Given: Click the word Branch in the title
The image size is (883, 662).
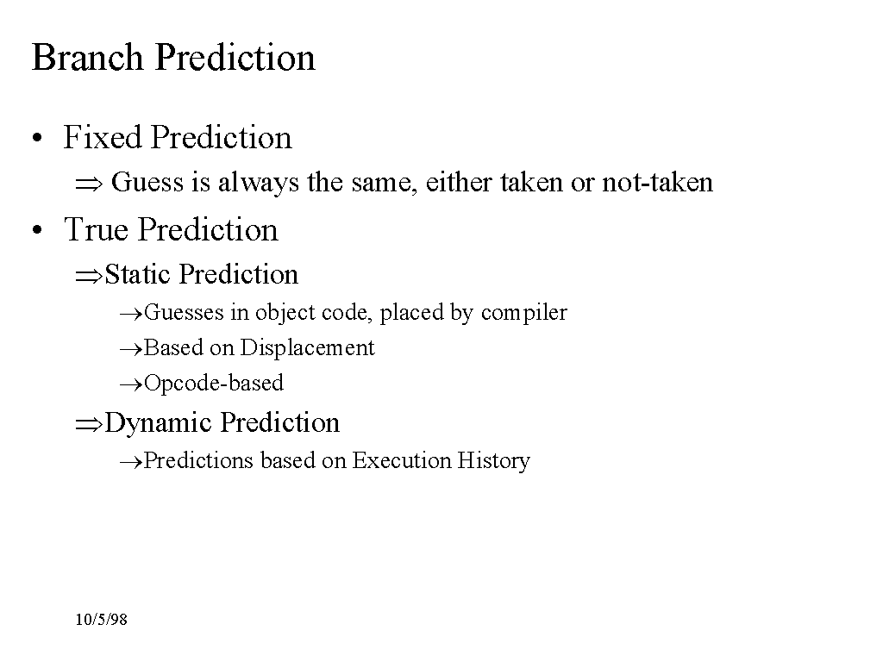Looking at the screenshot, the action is click(88, 57).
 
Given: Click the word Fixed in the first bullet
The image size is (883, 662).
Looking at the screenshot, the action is click(102, 137).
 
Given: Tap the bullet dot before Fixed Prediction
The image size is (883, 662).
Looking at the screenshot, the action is click(37, 138).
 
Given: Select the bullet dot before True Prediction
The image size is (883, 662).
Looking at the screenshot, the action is click(37, 229).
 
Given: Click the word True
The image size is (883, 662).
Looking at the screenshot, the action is click(97, 229).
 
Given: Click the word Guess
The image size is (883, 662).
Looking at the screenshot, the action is click(147, 182).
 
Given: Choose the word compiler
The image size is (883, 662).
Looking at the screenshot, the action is click(523, 313).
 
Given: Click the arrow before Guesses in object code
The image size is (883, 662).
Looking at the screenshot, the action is click(132, 315).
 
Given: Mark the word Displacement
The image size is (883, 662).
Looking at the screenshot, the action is click(307, 348).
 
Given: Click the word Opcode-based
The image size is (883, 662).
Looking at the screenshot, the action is click(214, 384).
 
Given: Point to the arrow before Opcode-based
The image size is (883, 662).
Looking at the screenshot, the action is click(132, 385).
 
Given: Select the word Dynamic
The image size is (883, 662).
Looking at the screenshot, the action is click(159, 423).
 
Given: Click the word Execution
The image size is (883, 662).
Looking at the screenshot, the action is click(402, 460).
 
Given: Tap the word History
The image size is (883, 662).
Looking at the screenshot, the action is click(494, 461).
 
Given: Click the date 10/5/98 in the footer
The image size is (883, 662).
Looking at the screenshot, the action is click(102, 620).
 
